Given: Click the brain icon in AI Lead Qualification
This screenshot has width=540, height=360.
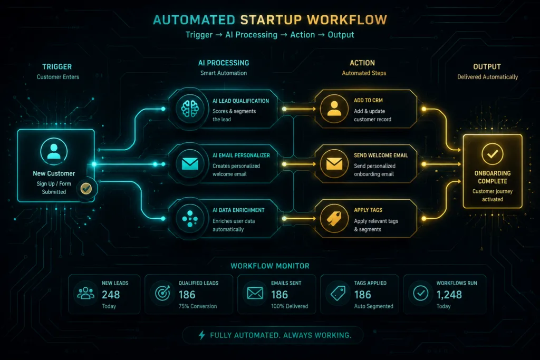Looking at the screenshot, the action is (190, 109).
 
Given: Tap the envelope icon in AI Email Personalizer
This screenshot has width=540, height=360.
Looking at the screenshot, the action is (190, 164).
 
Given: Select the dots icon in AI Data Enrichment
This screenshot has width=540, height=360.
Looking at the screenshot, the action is (190, 219).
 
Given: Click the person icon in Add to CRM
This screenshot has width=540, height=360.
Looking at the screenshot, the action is (334, 108).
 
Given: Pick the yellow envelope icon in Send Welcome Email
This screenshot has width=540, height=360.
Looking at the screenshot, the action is (334, 164).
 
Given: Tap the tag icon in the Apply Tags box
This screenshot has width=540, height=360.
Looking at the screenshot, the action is (334, 219).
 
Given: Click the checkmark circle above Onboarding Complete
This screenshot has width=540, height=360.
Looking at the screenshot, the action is (493, 154).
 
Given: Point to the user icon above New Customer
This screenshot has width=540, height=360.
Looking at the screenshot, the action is (54, 151).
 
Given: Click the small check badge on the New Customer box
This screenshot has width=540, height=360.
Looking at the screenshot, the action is (86, 188).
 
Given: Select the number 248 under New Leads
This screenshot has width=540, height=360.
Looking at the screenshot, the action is (111, 295).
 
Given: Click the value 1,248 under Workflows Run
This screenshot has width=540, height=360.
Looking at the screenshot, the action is (449, 295).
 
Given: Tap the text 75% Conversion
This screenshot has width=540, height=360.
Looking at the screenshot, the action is (198, 306).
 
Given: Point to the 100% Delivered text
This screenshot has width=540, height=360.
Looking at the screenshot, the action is (290, 306).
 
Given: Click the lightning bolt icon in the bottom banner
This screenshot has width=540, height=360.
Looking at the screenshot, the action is (202, 335).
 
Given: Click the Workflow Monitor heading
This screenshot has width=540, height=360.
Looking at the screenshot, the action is (270, 266).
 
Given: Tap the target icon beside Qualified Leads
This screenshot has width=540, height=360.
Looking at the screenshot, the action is (162, 293).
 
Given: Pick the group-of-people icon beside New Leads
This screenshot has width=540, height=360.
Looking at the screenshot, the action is (86, 293).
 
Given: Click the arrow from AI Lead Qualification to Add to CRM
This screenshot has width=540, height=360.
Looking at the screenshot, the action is (299, 109).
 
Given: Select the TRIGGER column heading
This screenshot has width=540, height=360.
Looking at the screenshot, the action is (57, 67).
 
